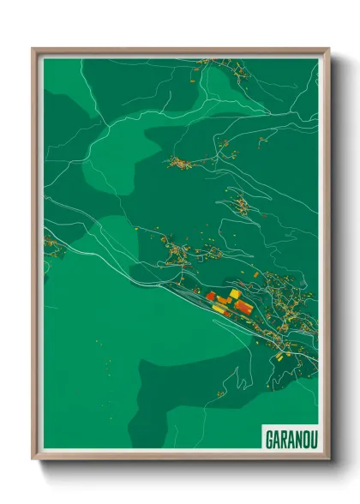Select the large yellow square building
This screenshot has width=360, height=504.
[235, 294]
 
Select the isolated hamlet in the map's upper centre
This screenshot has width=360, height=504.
[182, 161]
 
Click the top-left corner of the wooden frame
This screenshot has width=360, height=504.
[33, 49]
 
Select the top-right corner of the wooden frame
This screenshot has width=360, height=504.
[328, 49]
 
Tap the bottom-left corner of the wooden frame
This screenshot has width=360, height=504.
[33, 459]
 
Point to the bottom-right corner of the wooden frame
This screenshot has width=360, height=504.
[328, 459]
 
